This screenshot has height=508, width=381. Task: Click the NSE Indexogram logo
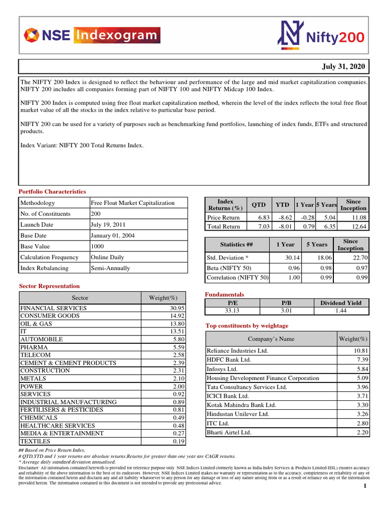(x=92, y=35)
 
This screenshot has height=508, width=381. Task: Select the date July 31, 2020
(x=343, y=66)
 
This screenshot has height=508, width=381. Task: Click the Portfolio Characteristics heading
(x=52, y=191)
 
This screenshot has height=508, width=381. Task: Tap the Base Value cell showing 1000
(x=98, y=247)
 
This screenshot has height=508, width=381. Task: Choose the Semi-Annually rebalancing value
(x=110, y=268)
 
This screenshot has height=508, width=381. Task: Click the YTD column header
(x=283, y=205)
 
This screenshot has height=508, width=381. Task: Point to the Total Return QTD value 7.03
(x=260, y=227)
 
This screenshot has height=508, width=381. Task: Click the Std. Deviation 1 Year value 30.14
(x=292, y=258)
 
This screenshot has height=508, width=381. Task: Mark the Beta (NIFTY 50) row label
(x=229, y=268)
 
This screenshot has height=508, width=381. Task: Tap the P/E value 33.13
(x=232, y=311)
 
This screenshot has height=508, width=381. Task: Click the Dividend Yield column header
(x=341, y=303)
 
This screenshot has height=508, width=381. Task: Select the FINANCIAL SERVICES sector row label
(x=53, y=308)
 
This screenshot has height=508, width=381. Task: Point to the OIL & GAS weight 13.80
(x=177, y=324)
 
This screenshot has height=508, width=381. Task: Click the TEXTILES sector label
(x=35, y=441)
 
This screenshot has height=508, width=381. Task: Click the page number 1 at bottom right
(x=365, y=486)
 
